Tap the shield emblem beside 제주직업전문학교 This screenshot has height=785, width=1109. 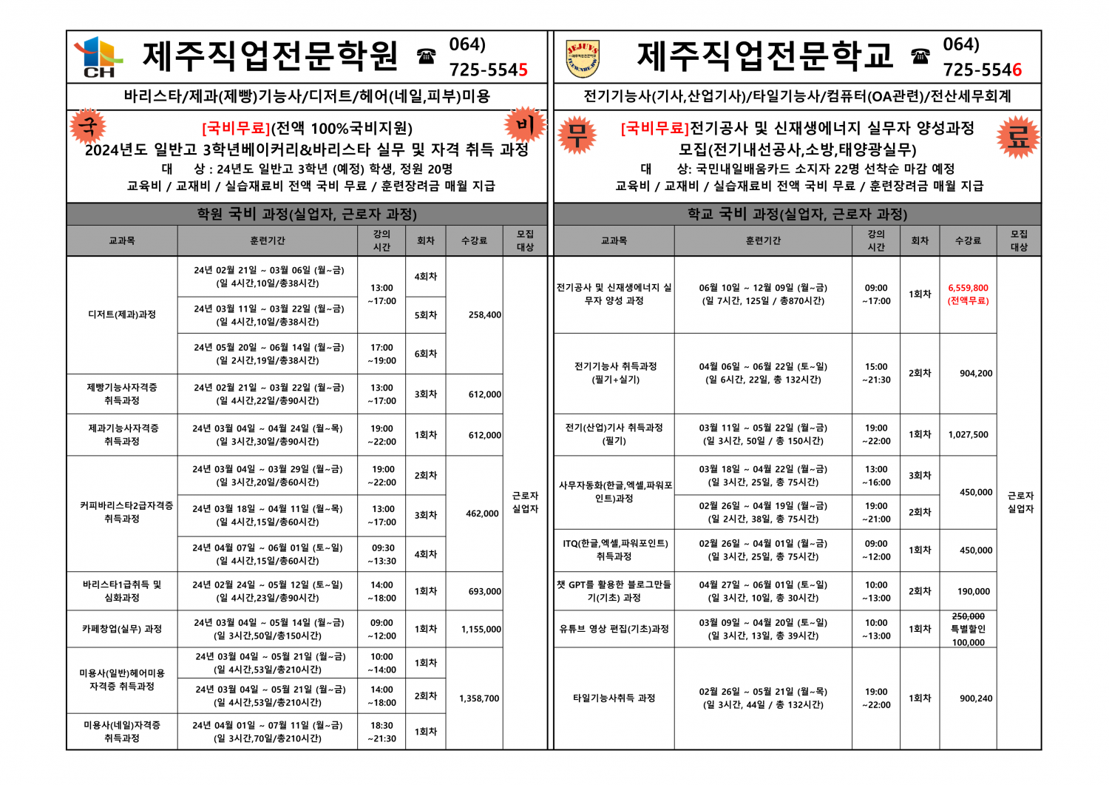582,59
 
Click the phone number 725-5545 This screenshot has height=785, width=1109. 488,70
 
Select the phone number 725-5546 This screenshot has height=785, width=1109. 982,70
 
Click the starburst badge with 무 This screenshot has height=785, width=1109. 577,135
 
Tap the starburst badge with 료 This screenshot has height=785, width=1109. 1017,136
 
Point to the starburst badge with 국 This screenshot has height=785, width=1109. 88,127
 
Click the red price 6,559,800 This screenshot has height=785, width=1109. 968,288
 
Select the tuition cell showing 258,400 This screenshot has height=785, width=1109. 484,314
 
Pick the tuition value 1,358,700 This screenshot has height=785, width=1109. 479,698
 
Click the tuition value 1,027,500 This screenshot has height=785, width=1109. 968,434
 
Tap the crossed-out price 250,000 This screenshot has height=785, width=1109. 968,616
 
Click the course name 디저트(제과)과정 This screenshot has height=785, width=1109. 122,314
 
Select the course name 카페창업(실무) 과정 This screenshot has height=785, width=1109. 122,629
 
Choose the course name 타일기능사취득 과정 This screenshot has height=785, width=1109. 614,698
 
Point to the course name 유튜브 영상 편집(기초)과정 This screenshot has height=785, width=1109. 614,629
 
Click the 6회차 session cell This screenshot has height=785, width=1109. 425,354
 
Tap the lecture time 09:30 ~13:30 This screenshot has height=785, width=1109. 382,554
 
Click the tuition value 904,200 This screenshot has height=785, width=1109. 975,373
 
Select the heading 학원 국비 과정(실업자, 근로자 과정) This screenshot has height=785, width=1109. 307,214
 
